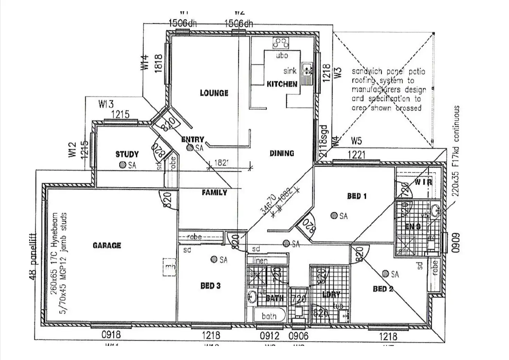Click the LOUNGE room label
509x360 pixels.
click(214, 93)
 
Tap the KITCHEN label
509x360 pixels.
click(282, 84)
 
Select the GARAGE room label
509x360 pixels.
click(107, 245)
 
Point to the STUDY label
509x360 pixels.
click(127, 154)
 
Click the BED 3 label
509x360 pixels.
click(210, 286)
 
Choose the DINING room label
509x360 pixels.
click(282, 153)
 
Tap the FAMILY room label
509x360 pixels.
click(214, 193)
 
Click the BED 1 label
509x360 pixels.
click(357, 196)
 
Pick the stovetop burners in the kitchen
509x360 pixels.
click(280, 43)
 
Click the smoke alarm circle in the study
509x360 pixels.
click(122, 165)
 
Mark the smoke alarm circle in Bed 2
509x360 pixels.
click(385, 274)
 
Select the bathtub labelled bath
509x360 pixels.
click(269, 315)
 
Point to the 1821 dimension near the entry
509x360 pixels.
click(221, 163)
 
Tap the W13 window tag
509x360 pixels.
click(106, 104)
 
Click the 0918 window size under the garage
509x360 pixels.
click(111, 334)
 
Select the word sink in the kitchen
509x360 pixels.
click(290, 71)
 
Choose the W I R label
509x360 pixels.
click(423, 182)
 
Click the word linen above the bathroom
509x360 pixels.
click(260, 260)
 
